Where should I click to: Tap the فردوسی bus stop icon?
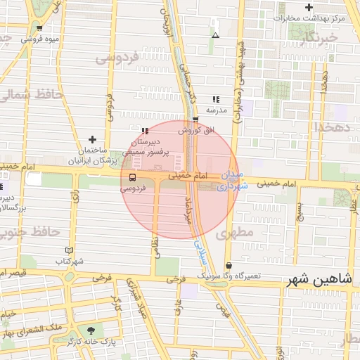[133, 177]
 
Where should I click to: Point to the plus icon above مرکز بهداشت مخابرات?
[309, 7]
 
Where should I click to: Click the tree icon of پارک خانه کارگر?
[91, 330]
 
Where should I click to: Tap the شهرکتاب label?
[69, 261]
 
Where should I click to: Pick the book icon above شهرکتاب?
[69, 250]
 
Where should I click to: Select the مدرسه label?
[216, 110]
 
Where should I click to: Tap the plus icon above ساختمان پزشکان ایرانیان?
[91, 139]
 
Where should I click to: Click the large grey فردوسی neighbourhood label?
[114, 58]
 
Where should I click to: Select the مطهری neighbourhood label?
[235, 233]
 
